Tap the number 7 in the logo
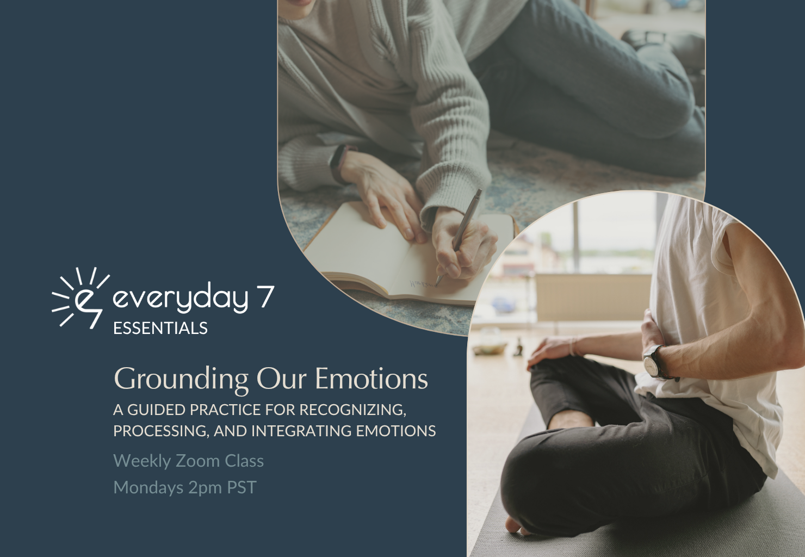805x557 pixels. (x=267, y=297)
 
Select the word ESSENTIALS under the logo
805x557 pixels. (x=160, y=328)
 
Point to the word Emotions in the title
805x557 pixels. (x=371, y=379)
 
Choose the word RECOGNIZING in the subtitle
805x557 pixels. (x=353, y=410)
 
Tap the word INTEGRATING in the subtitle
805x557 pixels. (x=301, y=431)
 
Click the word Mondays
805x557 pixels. (x=148, y=488)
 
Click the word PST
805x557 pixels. (x=242, y=487)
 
